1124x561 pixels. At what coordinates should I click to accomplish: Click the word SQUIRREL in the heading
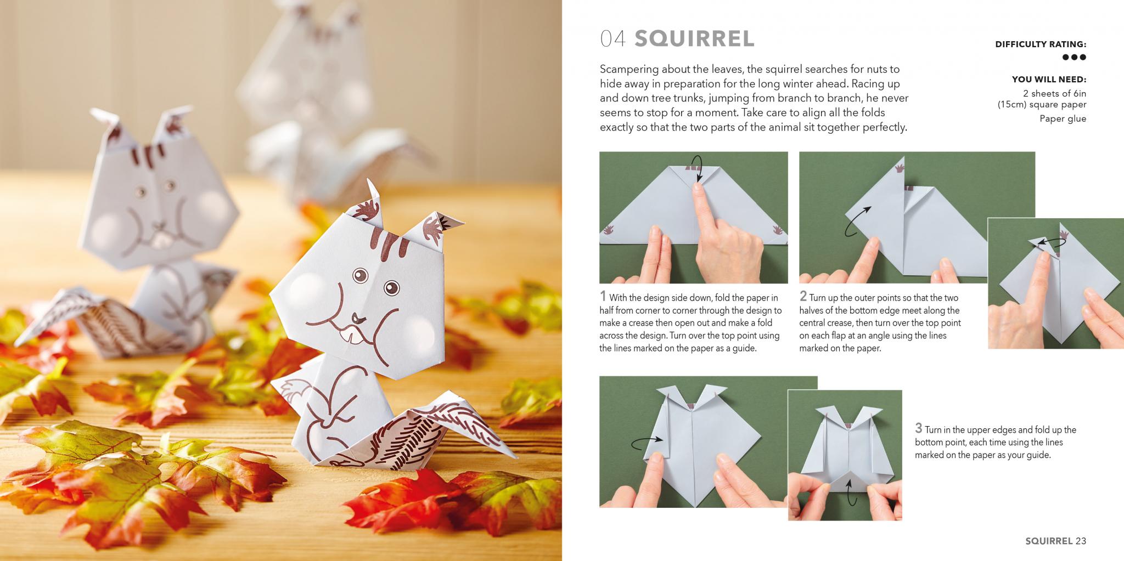click(694, 38)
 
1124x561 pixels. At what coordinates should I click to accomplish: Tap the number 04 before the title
click(613, 39)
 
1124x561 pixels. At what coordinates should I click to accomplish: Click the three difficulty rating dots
click(1074, 57)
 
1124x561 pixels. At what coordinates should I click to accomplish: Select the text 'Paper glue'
click(1063, 118)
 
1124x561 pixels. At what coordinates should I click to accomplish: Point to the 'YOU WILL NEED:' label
click(1049, 80)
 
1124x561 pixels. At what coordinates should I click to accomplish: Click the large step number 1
click(603, 297)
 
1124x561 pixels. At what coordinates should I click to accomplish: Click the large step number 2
click(803, 297)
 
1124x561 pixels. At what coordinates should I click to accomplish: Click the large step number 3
click(918, 428)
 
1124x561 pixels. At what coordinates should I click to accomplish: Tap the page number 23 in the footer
click(1081, 541)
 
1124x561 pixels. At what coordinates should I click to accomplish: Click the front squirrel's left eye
click(360, 274)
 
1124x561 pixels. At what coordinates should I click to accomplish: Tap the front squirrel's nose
click(357, 318)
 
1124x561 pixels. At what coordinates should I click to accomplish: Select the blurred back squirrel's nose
click(160, 226)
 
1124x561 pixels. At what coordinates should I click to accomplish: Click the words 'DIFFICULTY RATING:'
click(1041, 44)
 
